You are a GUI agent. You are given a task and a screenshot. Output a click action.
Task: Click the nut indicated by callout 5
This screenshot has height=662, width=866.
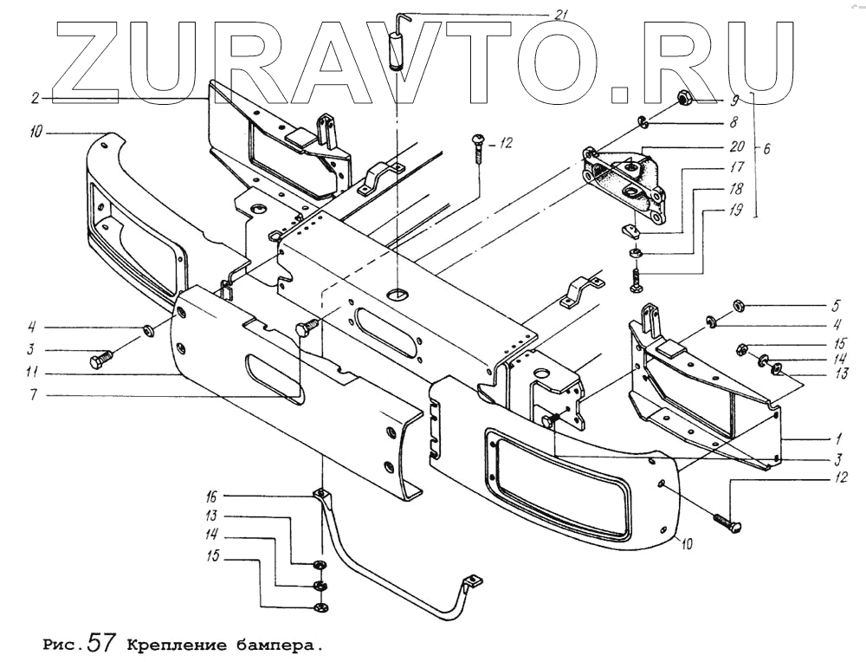pos(740,305)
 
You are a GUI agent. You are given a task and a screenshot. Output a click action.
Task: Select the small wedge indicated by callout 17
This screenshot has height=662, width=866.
pos(630,230)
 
